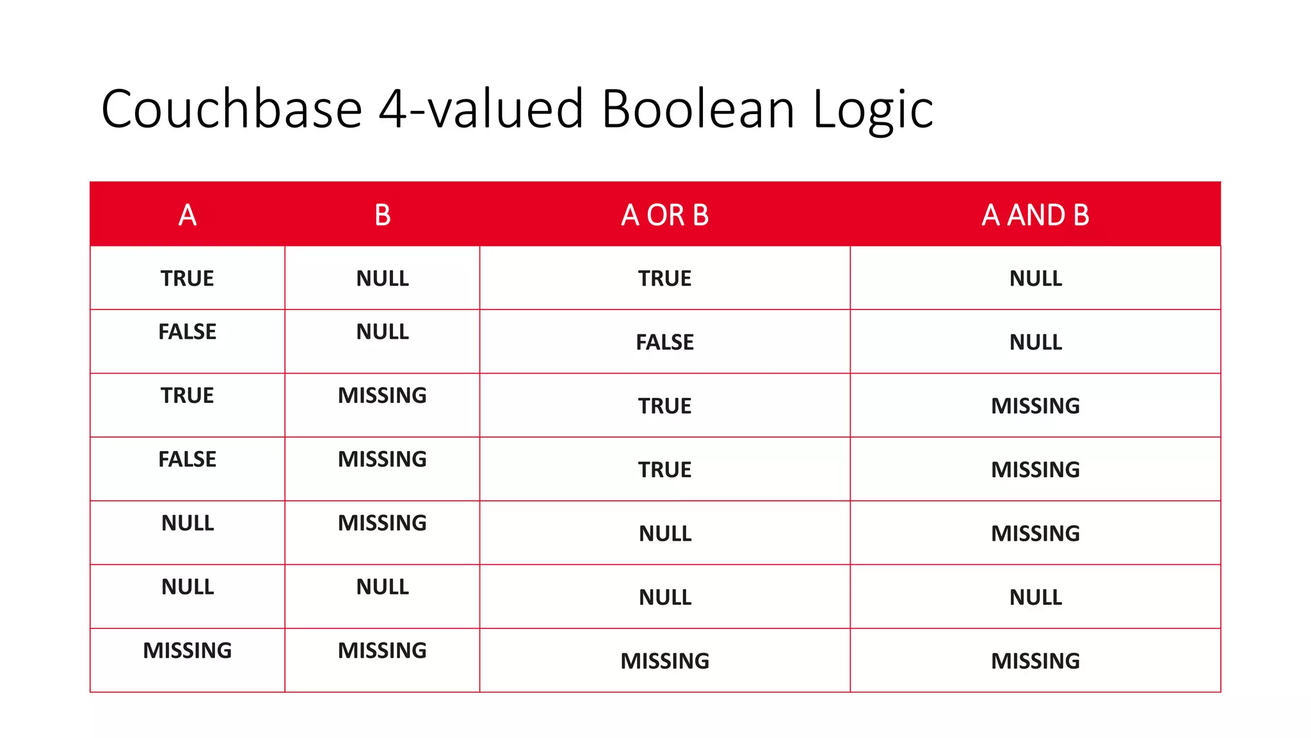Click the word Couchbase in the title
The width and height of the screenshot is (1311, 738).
(232, 109)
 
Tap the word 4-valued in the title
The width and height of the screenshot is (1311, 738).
(481, 109)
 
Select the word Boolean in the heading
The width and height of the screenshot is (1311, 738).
(698, 109)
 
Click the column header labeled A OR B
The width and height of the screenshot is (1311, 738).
(664, 215)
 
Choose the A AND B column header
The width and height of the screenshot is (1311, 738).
(1035, 215)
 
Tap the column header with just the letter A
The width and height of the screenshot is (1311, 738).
(188, 215)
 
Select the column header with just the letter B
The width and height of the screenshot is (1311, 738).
(382, 215)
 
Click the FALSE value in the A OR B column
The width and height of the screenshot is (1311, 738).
(664, 342)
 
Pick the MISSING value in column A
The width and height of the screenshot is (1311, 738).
(188, 650)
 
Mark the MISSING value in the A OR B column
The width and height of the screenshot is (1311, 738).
(664, 660)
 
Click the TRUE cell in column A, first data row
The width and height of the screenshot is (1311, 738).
(188, 279)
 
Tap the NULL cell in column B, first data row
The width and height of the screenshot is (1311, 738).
(382, 279)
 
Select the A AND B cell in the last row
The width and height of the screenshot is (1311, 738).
(1035, 660)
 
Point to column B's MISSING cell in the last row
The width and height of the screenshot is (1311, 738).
(382, 650)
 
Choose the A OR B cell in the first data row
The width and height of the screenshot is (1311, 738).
(664, 279)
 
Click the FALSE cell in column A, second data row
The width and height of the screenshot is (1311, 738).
(188, 332)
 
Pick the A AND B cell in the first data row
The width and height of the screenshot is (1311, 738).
(1035, 279)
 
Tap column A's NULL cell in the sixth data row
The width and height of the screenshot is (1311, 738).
(188, 587)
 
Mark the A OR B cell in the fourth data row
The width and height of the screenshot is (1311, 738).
(664, 470)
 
